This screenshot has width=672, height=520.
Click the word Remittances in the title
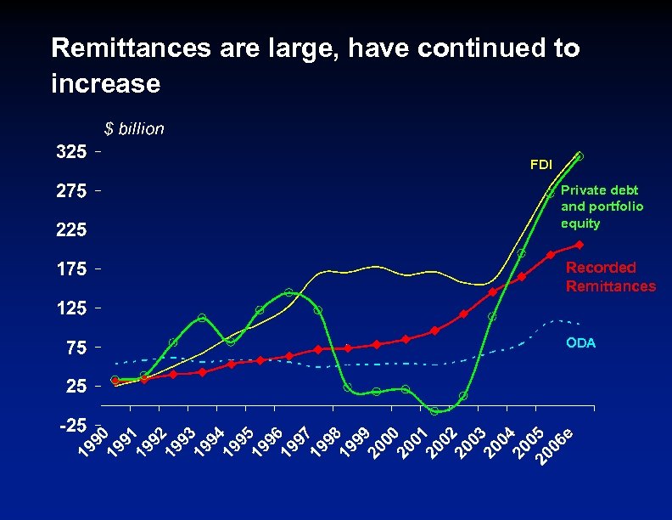131,48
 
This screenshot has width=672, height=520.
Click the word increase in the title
105,84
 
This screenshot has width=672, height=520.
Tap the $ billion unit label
134,129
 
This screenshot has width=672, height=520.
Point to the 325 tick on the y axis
70,152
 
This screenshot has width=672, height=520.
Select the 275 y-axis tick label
70,191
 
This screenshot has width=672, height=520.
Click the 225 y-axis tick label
70,230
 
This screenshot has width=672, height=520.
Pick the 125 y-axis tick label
70,308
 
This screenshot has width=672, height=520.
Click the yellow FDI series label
540,163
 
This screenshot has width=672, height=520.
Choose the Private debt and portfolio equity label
602,206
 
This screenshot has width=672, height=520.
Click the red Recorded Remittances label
610,277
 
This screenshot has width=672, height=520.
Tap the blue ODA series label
581,343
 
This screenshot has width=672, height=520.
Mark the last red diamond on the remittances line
579,245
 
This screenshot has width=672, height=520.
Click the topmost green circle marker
579,156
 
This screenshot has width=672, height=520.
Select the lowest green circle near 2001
434,411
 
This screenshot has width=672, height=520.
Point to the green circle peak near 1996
288,292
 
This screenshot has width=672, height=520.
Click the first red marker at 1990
115,381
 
